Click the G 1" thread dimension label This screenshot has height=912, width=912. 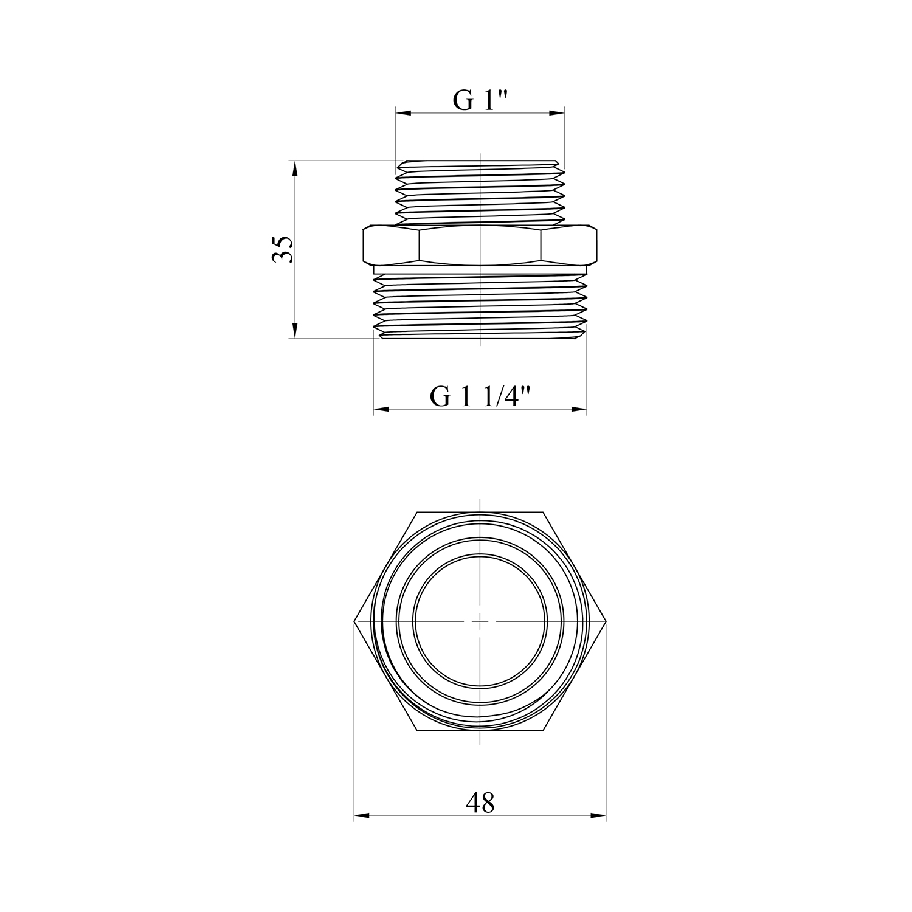(480, 100)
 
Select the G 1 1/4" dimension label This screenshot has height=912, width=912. (480, 397)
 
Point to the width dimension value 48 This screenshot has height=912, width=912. (480, 803)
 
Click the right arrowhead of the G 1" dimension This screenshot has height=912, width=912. (557, 113)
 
